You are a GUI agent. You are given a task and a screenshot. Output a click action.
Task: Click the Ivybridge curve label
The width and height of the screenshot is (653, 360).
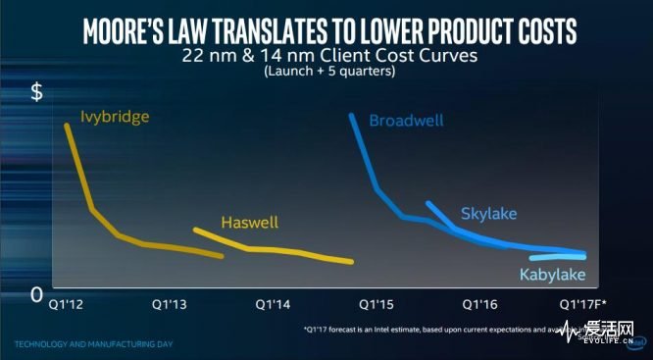114,118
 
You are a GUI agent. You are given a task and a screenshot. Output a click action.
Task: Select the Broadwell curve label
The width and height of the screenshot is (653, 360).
406,121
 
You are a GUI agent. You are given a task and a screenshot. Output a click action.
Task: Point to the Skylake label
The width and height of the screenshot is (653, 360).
488,213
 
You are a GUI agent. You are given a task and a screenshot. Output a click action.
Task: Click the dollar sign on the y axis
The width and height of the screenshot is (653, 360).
36,93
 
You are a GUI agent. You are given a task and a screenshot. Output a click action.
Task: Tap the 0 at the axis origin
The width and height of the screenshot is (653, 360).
35,293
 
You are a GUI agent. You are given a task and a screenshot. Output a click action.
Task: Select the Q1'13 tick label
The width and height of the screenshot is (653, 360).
170,304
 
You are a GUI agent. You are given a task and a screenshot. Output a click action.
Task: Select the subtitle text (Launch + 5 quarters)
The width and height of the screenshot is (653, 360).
327,72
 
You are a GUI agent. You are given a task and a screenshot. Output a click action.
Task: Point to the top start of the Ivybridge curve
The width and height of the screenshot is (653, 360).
67,125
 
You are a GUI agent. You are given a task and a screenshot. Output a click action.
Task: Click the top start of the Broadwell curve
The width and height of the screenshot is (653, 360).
352,116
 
